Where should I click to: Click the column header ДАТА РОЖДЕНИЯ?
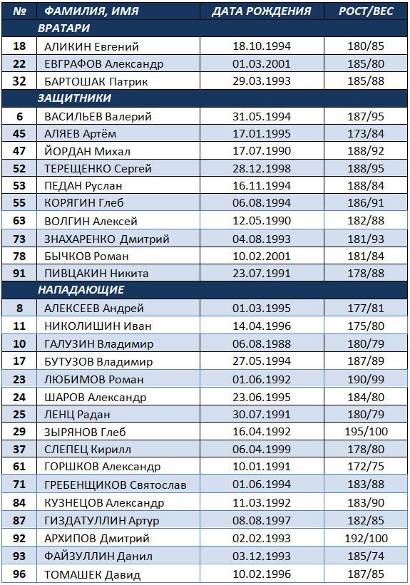pyautogui.click(x=262, y=11)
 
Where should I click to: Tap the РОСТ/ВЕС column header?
pyautogui.click(x=366, y=11)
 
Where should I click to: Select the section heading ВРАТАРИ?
pyautogui.click(x=64, y=28)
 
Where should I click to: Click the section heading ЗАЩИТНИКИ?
pyautogui.click(x=74, y=98)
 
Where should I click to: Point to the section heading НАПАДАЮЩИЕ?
pyautogui.click(x=81, y=290)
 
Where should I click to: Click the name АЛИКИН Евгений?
pyautogui.click(x=91, y=46)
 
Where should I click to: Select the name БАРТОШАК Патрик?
pyautogui.click(x=96, y=81)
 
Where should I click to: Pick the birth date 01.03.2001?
pyautogui.click(x=262, y=64)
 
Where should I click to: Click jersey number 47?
pyautogui.click(x=19, y=151)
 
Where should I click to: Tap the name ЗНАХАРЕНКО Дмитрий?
pyautogui.click(x=107, y=239)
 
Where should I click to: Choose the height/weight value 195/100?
pyautogui.click(x=366, y=432)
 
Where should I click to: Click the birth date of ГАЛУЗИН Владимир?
pyautogui.click(x=262, y=343)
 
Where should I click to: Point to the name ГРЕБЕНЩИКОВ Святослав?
pyautogui.click(x=116, y=485)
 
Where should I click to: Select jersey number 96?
pyautogui.click(x=19, y=574)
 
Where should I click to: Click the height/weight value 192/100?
pyautogui.click(x=366, y=539)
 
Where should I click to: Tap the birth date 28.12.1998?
pyautogui.click(x=262, y=168)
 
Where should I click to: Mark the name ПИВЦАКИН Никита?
pyautogui.click(x=96, y=274)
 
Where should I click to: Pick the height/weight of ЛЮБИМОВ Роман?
pyautogui.click(x=366, y=379)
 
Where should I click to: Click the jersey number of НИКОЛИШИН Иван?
pyautogui.click(x=19, y=326)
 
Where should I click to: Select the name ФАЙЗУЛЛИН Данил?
pyautogui.click(x=98, y=556)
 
